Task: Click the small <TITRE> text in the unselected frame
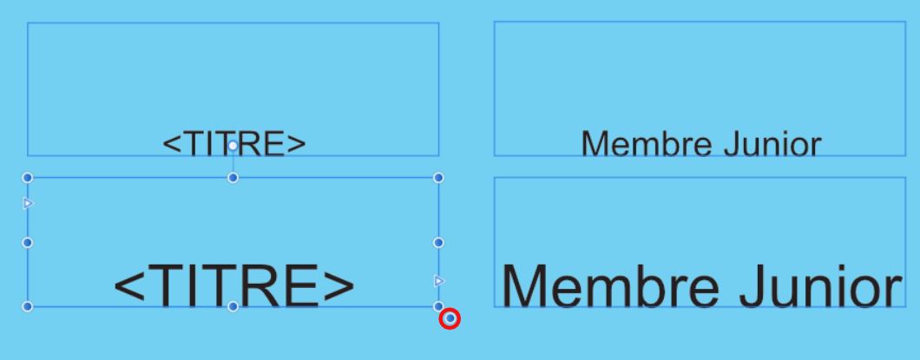coord(234,144)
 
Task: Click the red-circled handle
coord(450,319)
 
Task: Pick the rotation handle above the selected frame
coord(233,147)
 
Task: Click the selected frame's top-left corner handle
coord(27,177)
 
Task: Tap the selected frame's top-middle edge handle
coord(233,178)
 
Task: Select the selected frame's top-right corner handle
coord(438,177)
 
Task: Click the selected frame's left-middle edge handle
coord(27,242)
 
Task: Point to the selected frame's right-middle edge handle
coord(438,242)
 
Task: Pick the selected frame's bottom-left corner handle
coord(27,306)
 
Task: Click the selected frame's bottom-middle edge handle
coord(233,306)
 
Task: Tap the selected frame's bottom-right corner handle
coord(438,306)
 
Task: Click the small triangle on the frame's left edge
coord(27,203)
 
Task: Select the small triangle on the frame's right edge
coord(438,280)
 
